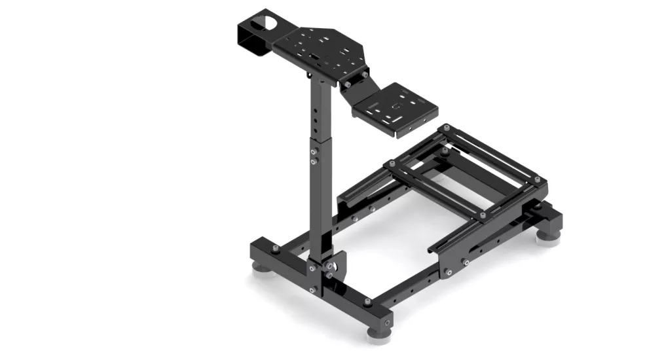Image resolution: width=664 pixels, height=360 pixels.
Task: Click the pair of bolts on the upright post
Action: tap(314, 156)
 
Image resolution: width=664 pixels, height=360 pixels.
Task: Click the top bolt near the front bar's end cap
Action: tap(367, 302)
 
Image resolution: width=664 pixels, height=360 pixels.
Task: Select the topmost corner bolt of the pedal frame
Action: tap(446, 128)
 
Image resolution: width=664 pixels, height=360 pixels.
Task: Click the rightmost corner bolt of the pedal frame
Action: tap(537, 179)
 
